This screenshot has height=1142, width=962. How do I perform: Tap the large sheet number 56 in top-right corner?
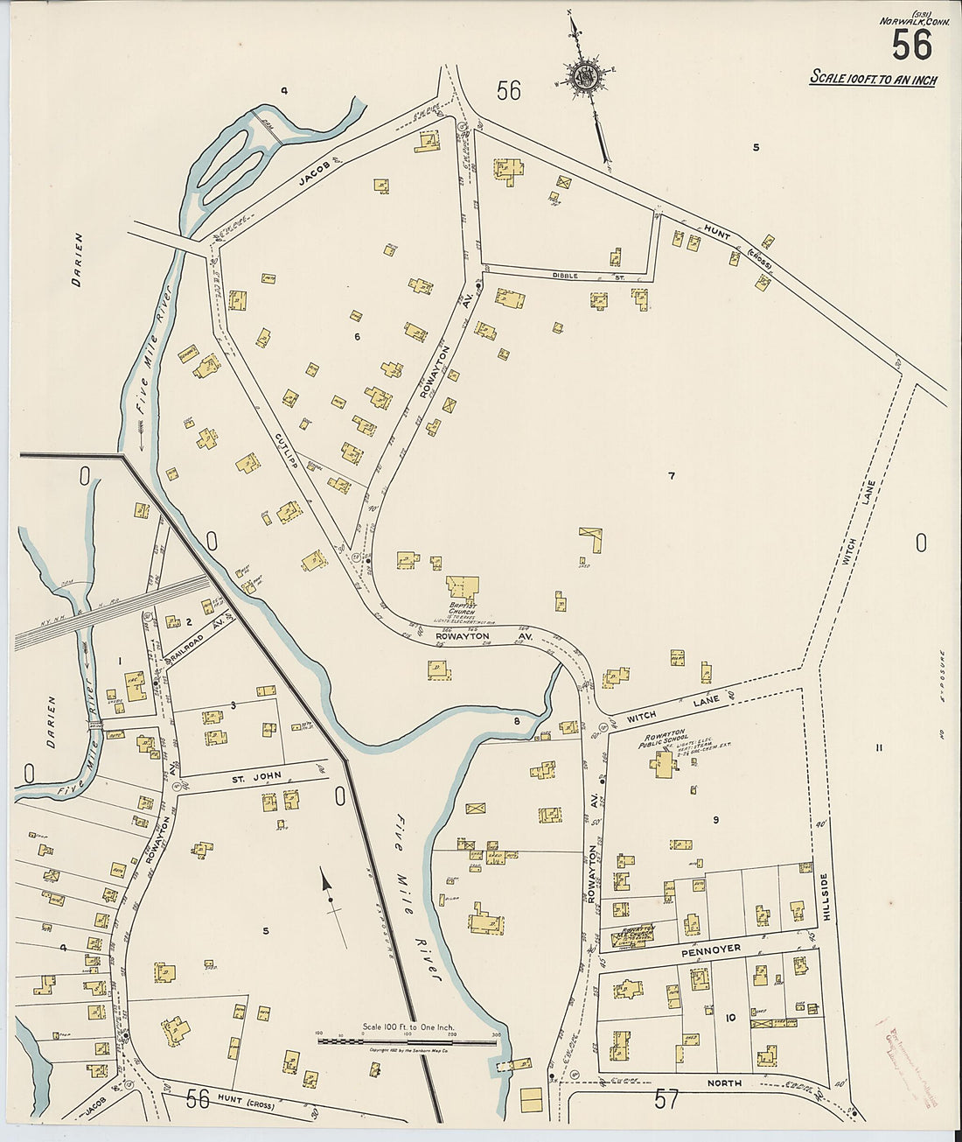pos(911,45)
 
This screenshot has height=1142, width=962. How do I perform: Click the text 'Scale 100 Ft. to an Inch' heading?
pos(873,79)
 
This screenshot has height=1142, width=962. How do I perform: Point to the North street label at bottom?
pos(725,1083)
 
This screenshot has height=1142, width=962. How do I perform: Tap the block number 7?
pos(671,477)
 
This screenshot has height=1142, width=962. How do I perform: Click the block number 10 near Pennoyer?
pos(730,1018)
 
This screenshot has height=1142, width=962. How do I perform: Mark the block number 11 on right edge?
pos(879,746)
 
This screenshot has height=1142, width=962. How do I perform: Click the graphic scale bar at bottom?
pos(407,1040)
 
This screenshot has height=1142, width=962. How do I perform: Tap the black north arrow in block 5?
pos(331,893)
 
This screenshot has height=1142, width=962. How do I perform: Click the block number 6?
pos(357,336)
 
